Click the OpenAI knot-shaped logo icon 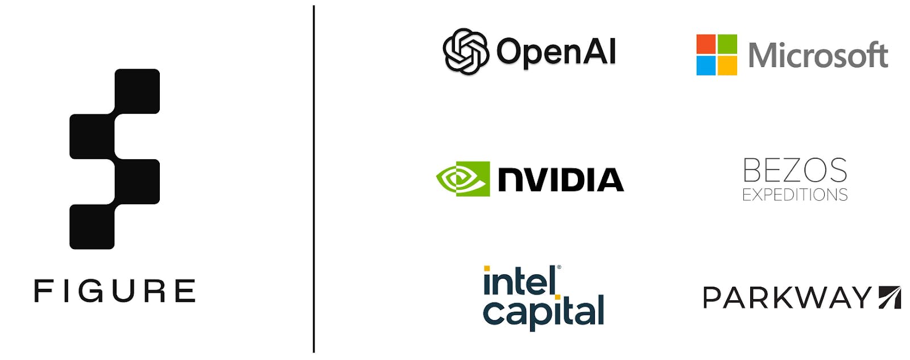pos(466,52)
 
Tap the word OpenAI pos(556,52)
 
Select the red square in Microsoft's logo pos(706,44)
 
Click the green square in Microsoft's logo pos(727,44)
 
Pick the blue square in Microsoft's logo pos(706,65)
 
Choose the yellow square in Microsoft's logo pos(727,65)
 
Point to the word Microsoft pos(818,55)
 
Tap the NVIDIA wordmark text pos(561,180)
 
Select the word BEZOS pos(795,170)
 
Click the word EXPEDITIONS pos(795,195)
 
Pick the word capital pos(543,312)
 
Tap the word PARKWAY pos(787,297)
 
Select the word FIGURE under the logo pos(115,291)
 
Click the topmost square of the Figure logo pos(137,91)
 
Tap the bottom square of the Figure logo pos(92,226)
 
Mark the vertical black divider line pos(313,180)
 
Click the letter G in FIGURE pos(90,291)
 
